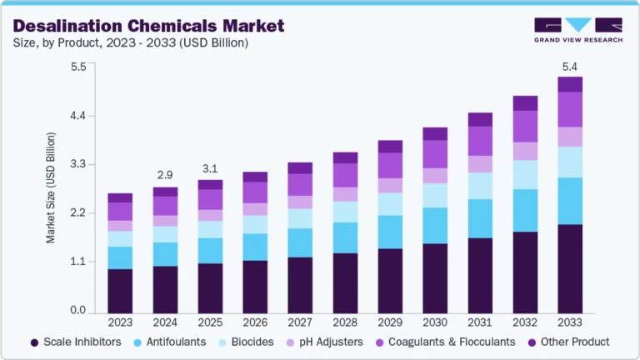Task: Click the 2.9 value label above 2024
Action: pyautogui.click(x=165, y=175)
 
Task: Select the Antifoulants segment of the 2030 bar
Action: pyautogui.click(x=435, y=225)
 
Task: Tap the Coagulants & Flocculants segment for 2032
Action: pyautogui.click(x=525, y=126)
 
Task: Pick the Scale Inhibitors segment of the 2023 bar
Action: pyautogui.click(x=120, y=289)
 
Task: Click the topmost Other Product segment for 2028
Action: pyautogui.click(x=345, y=157)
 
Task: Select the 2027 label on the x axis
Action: pyautogui.click(x=300, y=322)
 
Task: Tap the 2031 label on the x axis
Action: pyautogui.click(x=480, y=322)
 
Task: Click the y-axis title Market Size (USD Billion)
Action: pyautogui.click(x=51, y=187)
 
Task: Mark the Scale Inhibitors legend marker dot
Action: pyautogui.click(x=34, y=342)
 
